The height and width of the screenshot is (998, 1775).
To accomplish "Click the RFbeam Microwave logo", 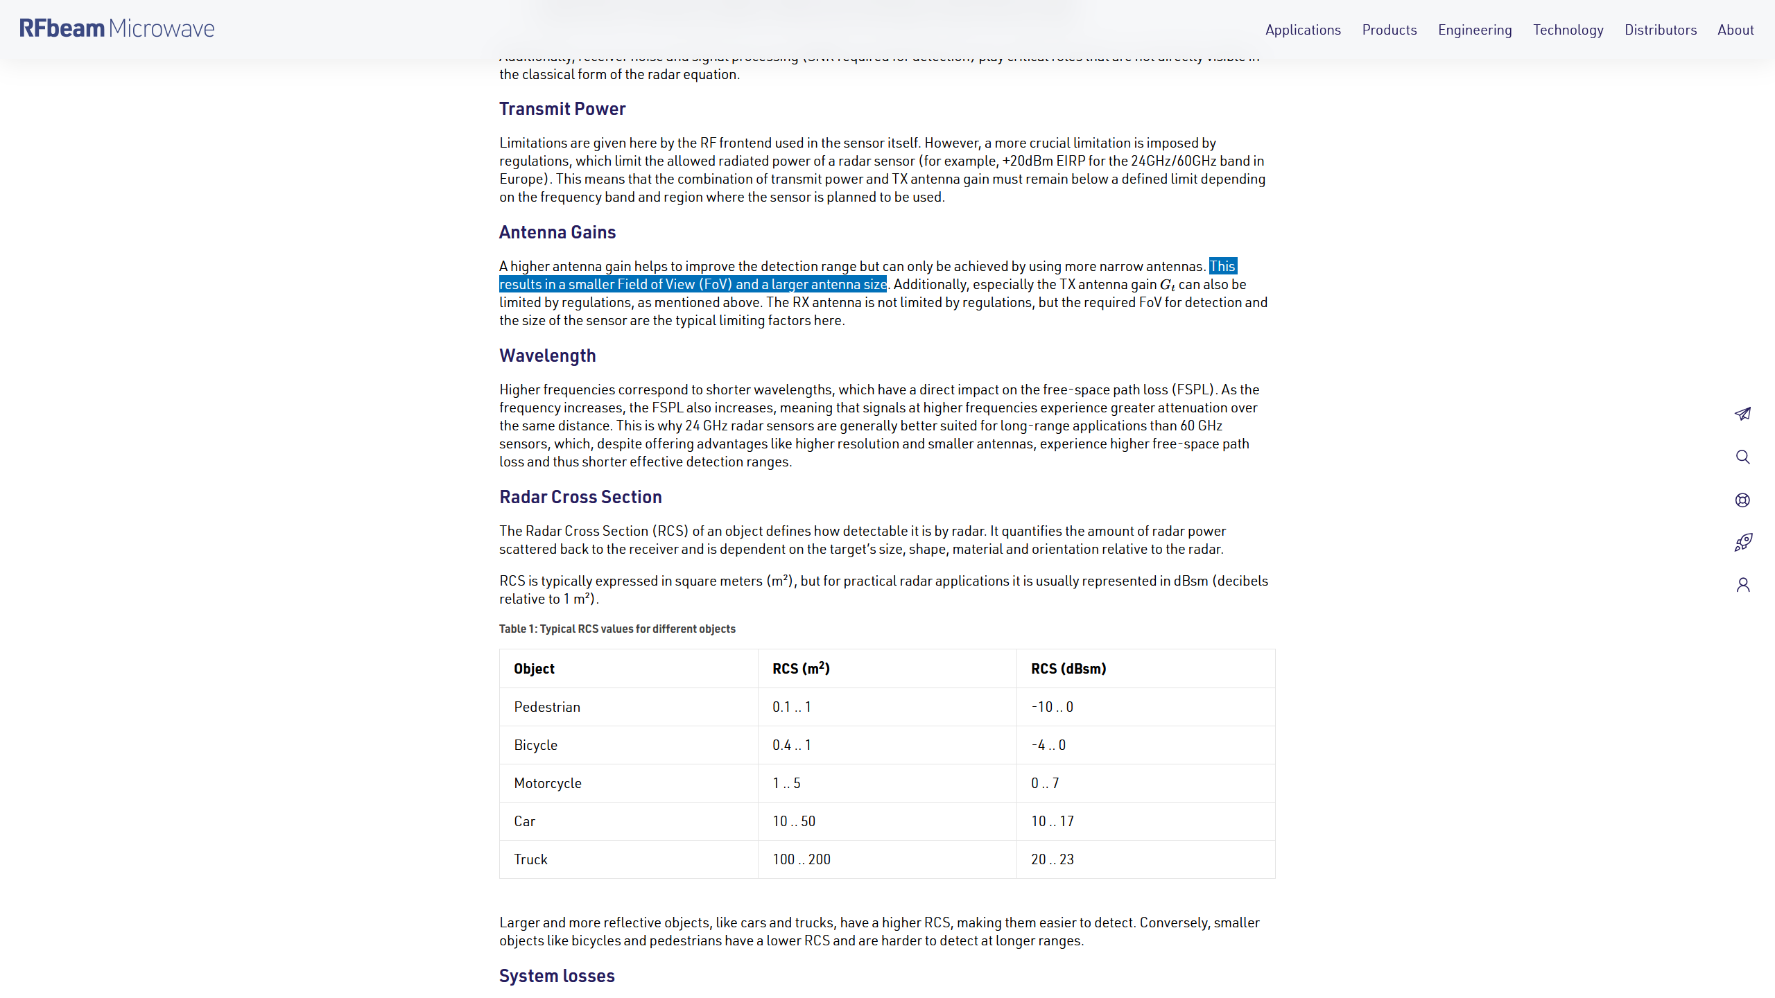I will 116,28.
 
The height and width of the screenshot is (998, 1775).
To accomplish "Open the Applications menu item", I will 1303,30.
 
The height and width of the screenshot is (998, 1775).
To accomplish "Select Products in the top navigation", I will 1389,30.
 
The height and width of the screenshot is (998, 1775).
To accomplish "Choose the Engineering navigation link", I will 1475,30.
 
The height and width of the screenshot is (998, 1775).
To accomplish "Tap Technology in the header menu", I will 1568,30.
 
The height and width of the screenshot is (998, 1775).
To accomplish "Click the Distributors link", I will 1660,30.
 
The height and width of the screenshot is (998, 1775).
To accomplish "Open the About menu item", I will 1735,30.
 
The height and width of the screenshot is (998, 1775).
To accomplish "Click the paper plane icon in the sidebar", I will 1742,414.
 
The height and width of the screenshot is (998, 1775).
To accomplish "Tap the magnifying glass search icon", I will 1742,457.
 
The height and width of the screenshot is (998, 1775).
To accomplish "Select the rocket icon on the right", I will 1742,542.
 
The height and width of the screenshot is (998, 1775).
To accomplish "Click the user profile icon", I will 1742,585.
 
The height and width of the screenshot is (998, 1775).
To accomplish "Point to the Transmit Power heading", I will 562,109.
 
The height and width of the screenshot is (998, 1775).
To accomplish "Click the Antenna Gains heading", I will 557,232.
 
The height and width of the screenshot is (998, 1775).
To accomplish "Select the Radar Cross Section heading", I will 580,497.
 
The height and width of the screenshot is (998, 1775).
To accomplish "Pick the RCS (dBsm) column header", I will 1068,669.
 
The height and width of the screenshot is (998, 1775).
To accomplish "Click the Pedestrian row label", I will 546,707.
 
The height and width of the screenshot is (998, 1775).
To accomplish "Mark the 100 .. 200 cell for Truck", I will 801,859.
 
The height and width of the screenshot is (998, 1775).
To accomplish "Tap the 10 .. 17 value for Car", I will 1052,821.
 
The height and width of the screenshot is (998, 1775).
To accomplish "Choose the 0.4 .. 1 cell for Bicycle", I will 791,745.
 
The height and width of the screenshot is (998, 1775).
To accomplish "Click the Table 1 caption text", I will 617,629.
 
